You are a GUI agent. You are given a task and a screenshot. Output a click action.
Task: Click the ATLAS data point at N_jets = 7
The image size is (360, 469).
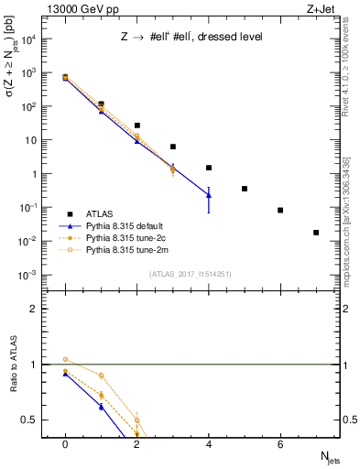pyautogui.click(x=316, y=233)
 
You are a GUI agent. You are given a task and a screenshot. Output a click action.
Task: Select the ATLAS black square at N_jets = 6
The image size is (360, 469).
pyautogui.click(x=280, y=210)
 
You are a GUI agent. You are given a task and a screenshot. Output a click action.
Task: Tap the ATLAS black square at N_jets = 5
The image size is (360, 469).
pyautogui.click(x=245, y=189)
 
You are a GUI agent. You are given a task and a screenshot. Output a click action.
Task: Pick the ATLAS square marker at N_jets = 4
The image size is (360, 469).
pyautogui.click(x=209, y=168)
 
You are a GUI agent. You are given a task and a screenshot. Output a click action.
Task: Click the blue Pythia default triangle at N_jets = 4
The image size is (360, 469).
pyautogui.click(x=209, y=194)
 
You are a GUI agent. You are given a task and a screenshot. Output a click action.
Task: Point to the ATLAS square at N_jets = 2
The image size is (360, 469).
pyautogui.click(x=136, y=125)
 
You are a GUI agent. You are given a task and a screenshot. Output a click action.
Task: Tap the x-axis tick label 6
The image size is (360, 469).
pyautogui.click(x=280, y=444)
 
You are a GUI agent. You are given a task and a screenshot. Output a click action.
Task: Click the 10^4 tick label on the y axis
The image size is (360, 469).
pyautogui.click(x=29, y=39)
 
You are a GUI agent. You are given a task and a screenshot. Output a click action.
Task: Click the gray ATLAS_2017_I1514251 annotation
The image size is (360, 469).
pyautogui.click(x=191, y=274)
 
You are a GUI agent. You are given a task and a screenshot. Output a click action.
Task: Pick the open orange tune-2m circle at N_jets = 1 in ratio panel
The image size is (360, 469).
pyautogui.click(x=101, y=376)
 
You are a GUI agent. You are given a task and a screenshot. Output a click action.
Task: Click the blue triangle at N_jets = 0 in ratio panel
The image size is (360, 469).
pyautogui.click(x=65, y=374)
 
